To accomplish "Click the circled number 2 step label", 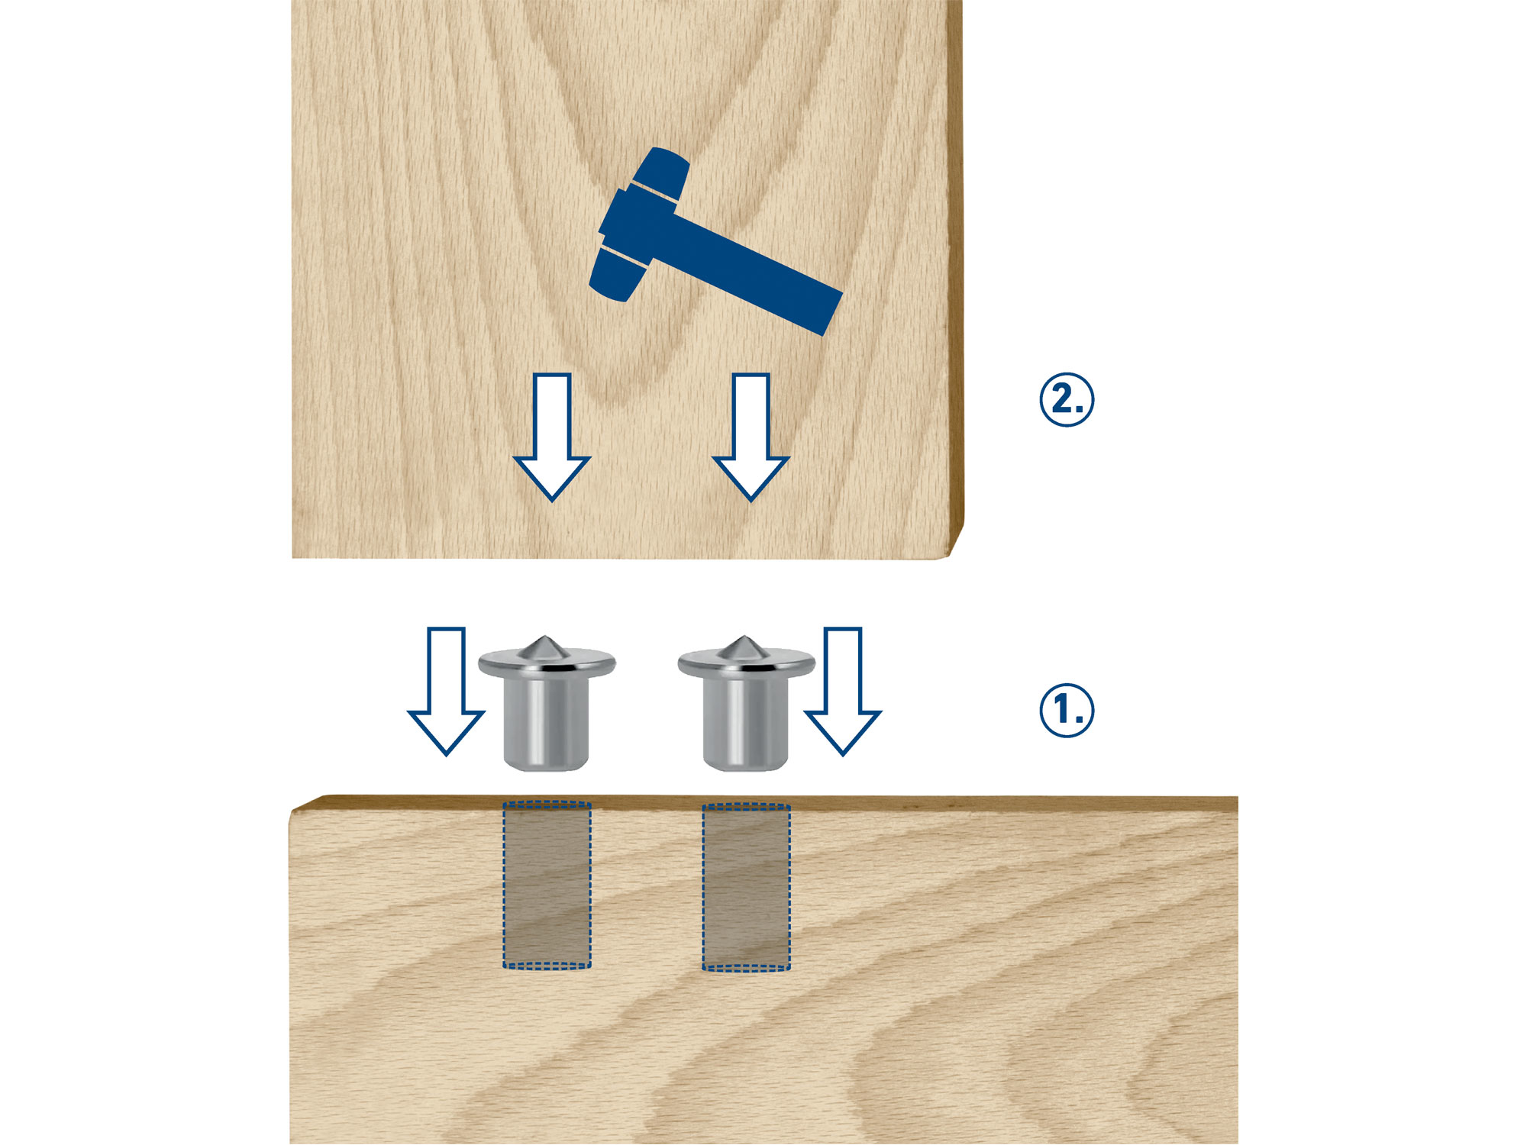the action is coord(1067,399).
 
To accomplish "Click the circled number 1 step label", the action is coord(1067,710).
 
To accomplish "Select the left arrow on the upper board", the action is coord(551,437).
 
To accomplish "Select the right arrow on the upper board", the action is coord(751,437).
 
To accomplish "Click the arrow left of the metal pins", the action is coord(446,691).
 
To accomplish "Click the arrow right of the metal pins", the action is coord(843,691).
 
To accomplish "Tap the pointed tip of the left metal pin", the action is coord(544,636).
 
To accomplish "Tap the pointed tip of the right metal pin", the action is coord(743,636).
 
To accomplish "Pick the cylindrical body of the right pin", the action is coord(745,721).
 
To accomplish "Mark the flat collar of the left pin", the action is coord(547,664).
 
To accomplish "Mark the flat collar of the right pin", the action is coord(746,664).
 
